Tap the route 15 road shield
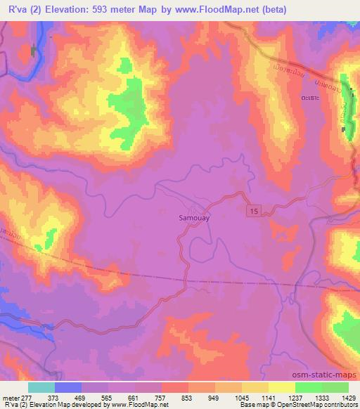click(252, 211)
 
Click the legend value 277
click(29, 398)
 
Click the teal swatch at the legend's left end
click(41, 387)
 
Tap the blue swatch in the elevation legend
click(67, 387)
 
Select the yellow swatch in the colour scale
click(281, 387)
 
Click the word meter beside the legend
click(10, 398)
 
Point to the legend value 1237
click(296, 398)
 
